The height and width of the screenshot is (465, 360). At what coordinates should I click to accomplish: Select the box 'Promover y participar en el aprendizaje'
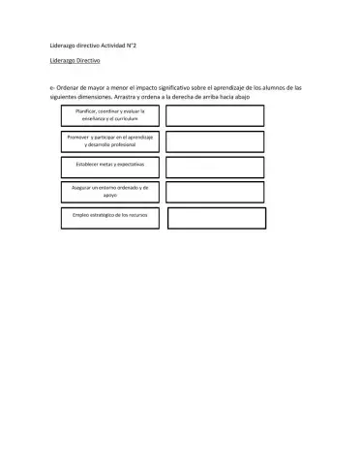pos(108,142)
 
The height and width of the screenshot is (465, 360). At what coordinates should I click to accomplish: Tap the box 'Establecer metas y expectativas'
pos(108,166)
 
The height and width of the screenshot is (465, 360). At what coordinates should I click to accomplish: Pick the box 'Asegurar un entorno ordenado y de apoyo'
pos(108,191)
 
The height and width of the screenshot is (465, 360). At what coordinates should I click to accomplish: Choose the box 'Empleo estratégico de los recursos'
pos(108,215)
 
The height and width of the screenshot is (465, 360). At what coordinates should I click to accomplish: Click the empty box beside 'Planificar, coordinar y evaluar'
pos(215,116)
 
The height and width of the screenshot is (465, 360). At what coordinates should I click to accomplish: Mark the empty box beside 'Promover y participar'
pos(215,142)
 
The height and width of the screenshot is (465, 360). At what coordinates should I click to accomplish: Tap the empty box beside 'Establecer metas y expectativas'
pos(215,167)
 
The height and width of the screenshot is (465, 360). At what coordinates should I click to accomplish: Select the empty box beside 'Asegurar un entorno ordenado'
pos(215,192)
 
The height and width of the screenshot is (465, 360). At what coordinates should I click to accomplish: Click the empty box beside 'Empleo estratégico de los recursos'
pos(216,217)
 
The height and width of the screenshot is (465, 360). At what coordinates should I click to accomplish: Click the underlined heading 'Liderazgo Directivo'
pos(76,59)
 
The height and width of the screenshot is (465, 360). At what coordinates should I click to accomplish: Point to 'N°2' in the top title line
pos(141,45)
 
